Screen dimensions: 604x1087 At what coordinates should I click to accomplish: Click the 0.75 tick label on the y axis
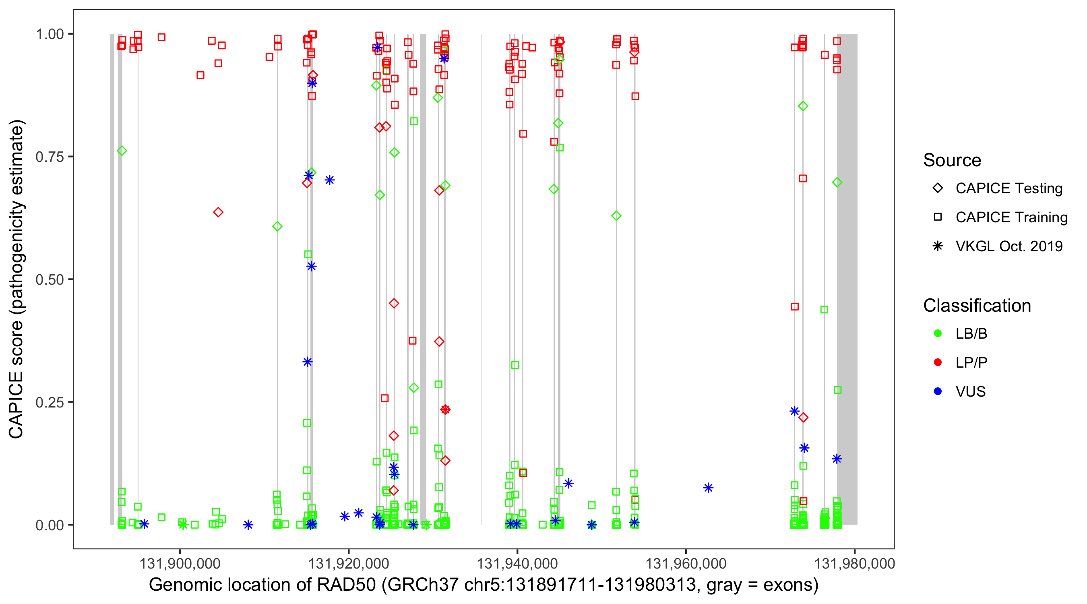tap(50, 157)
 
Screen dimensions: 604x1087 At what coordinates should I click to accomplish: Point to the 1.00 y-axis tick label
tap(50, 34)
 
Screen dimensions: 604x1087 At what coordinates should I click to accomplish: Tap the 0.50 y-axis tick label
tap(50, 280)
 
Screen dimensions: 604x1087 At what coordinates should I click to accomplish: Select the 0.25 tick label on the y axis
tap(50, 402)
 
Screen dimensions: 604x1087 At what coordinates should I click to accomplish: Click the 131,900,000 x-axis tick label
tap(180, 563)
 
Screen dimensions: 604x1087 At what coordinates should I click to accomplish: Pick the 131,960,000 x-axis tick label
tap(686, 563)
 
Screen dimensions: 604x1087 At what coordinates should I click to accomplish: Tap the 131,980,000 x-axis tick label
tap(854, 563)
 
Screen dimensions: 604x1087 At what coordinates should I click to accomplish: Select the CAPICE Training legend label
tap(1011, 217)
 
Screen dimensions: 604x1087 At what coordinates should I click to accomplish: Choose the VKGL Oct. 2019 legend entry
tap(1008, 246)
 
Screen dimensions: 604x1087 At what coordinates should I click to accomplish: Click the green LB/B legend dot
tap(938, 333)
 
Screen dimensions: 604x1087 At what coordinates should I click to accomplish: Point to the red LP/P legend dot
tap(938, 362)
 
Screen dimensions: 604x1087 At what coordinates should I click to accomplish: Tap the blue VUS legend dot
tap(938, 391)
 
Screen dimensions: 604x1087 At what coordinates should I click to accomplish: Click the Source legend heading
tap(952, 160)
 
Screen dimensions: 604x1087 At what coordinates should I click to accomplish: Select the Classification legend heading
tap(977, 306)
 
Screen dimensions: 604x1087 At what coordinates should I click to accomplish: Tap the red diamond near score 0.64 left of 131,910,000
tap(218, 212)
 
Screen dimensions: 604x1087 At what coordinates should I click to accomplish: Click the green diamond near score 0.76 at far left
tap(122, 151)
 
